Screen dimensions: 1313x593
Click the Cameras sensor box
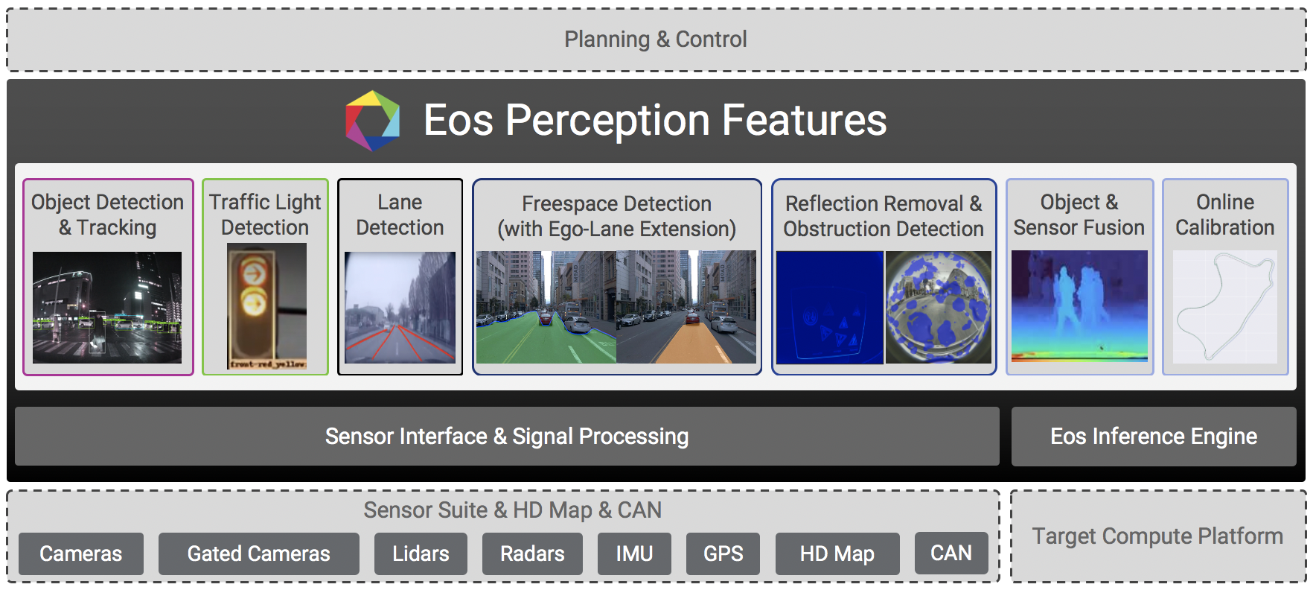coord(81,554)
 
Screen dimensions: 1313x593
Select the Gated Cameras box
coord(258,554)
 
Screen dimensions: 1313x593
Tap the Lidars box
coord(421,554)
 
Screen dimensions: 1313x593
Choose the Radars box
coord(532,554)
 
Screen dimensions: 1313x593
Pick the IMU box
coord(634,554)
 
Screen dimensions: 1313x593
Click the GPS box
coord(723,554)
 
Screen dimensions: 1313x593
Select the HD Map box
coord(837,554)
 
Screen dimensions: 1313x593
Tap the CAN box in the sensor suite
coord(951,553)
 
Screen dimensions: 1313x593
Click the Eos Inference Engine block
coord(1154,437)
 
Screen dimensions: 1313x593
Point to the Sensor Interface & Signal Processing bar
coord(507,437)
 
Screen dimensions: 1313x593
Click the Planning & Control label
coord(656,39)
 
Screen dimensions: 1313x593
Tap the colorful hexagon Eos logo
coord(373,121)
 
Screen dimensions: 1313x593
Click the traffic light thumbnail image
coord(266,306)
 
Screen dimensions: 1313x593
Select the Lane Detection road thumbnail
coord(400,307)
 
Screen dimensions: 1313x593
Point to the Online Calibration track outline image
coord(1225,307)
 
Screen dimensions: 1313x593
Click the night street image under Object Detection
coord(107,308)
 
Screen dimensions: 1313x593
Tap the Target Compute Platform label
coord(1157,536)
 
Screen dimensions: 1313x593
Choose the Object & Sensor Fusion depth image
coord(1079,306)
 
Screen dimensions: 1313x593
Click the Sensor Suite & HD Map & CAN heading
coord(512,510)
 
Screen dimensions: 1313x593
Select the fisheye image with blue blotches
coord(939,307)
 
